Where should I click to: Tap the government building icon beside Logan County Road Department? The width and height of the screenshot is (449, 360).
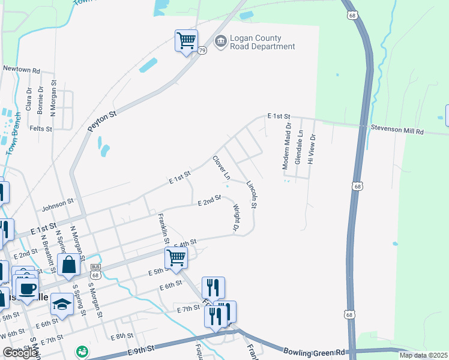[x=220, y=41]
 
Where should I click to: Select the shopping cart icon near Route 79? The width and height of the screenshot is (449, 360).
[x=187, y=41]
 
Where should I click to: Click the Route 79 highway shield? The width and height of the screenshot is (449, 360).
[x=202, y=50]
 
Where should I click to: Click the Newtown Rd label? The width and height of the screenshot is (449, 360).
[x=21, y=69]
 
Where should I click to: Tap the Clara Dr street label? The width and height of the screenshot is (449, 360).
[x=28, y=98]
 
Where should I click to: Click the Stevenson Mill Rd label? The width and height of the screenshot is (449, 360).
[x=397, y=130]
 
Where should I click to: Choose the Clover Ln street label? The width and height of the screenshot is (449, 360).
[x=221, y=168]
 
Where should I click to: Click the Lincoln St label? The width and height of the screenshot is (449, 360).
[x=252, y=196]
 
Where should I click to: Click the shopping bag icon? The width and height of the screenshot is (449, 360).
[x=68, y=265]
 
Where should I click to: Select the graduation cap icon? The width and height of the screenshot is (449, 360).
[x=62, y=305]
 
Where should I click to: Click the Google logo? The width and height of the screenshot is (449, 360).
[x=20, y=353]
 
